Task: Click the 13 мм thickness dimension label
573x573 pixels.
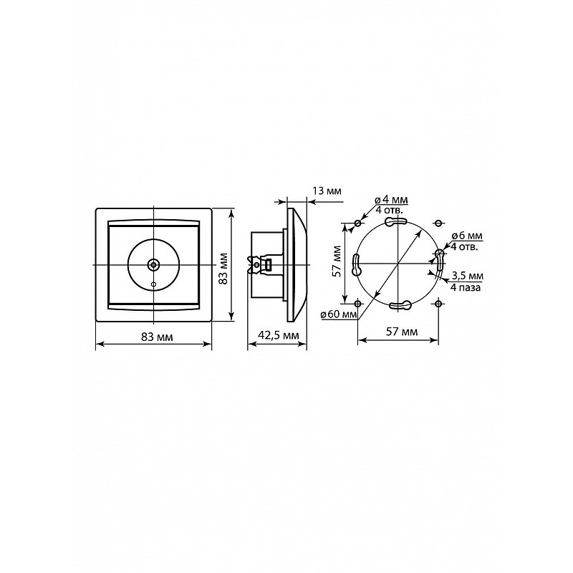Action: click(327, 191)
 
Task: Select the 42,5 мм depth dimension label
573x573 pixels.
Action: click(279, 335)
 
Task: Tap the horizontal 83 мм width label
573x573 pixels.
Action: click(157, 337)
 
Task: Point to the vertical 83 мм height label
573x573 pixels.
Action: click(223, 268)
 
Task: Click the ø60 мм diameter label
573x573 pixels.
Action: click(338, 314)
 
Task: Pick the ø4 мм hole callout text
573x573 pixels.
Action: click(391, 200)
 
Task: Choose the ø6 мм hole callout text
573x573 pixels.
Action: click(467, 236)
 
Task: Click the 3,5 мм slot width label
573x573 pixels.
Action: click(468, 276)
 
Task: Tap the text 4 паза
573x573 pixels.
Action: click(466, 288)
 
